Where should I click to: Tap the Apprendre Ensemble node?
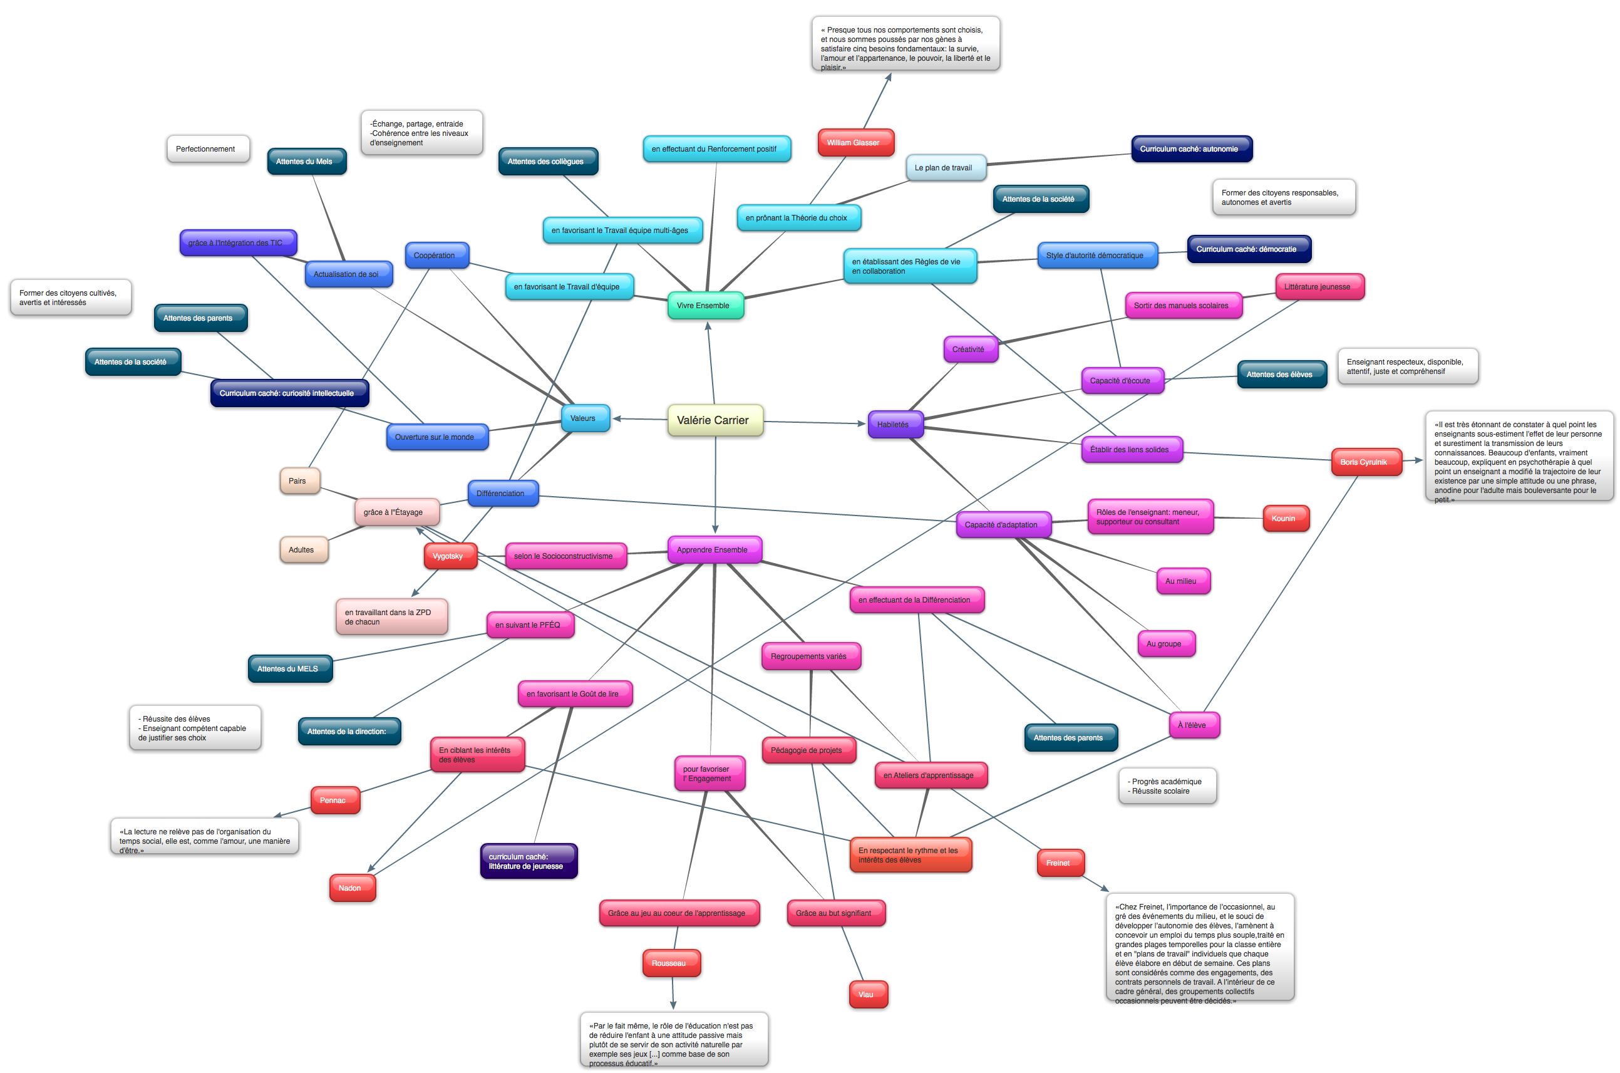[713, 549]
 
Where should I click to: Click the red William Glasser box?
[855, 142]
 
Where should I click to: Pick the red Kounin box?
[1285, 518]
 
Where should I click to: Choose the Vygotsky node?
[449, 556]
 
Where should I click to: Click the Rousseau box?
[670, 963]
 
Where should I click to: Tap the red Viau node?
[867, 994]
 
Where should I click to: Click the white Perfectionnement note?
[207, 148]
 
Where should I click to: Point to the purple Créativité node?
[969, 349]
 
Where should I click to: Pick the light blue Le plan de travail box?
[945, 168]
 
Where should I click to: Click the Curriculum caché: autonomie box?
[1190, 148]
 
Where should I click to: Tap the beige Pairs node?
[299, 480]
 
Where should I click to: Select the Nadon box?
[351, 888]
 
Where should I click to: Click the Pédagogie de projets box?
[808, 750]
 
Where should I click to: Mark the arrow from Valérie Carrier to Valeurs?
[639, 419]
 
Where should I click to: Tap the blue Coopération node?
[436, 255]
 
